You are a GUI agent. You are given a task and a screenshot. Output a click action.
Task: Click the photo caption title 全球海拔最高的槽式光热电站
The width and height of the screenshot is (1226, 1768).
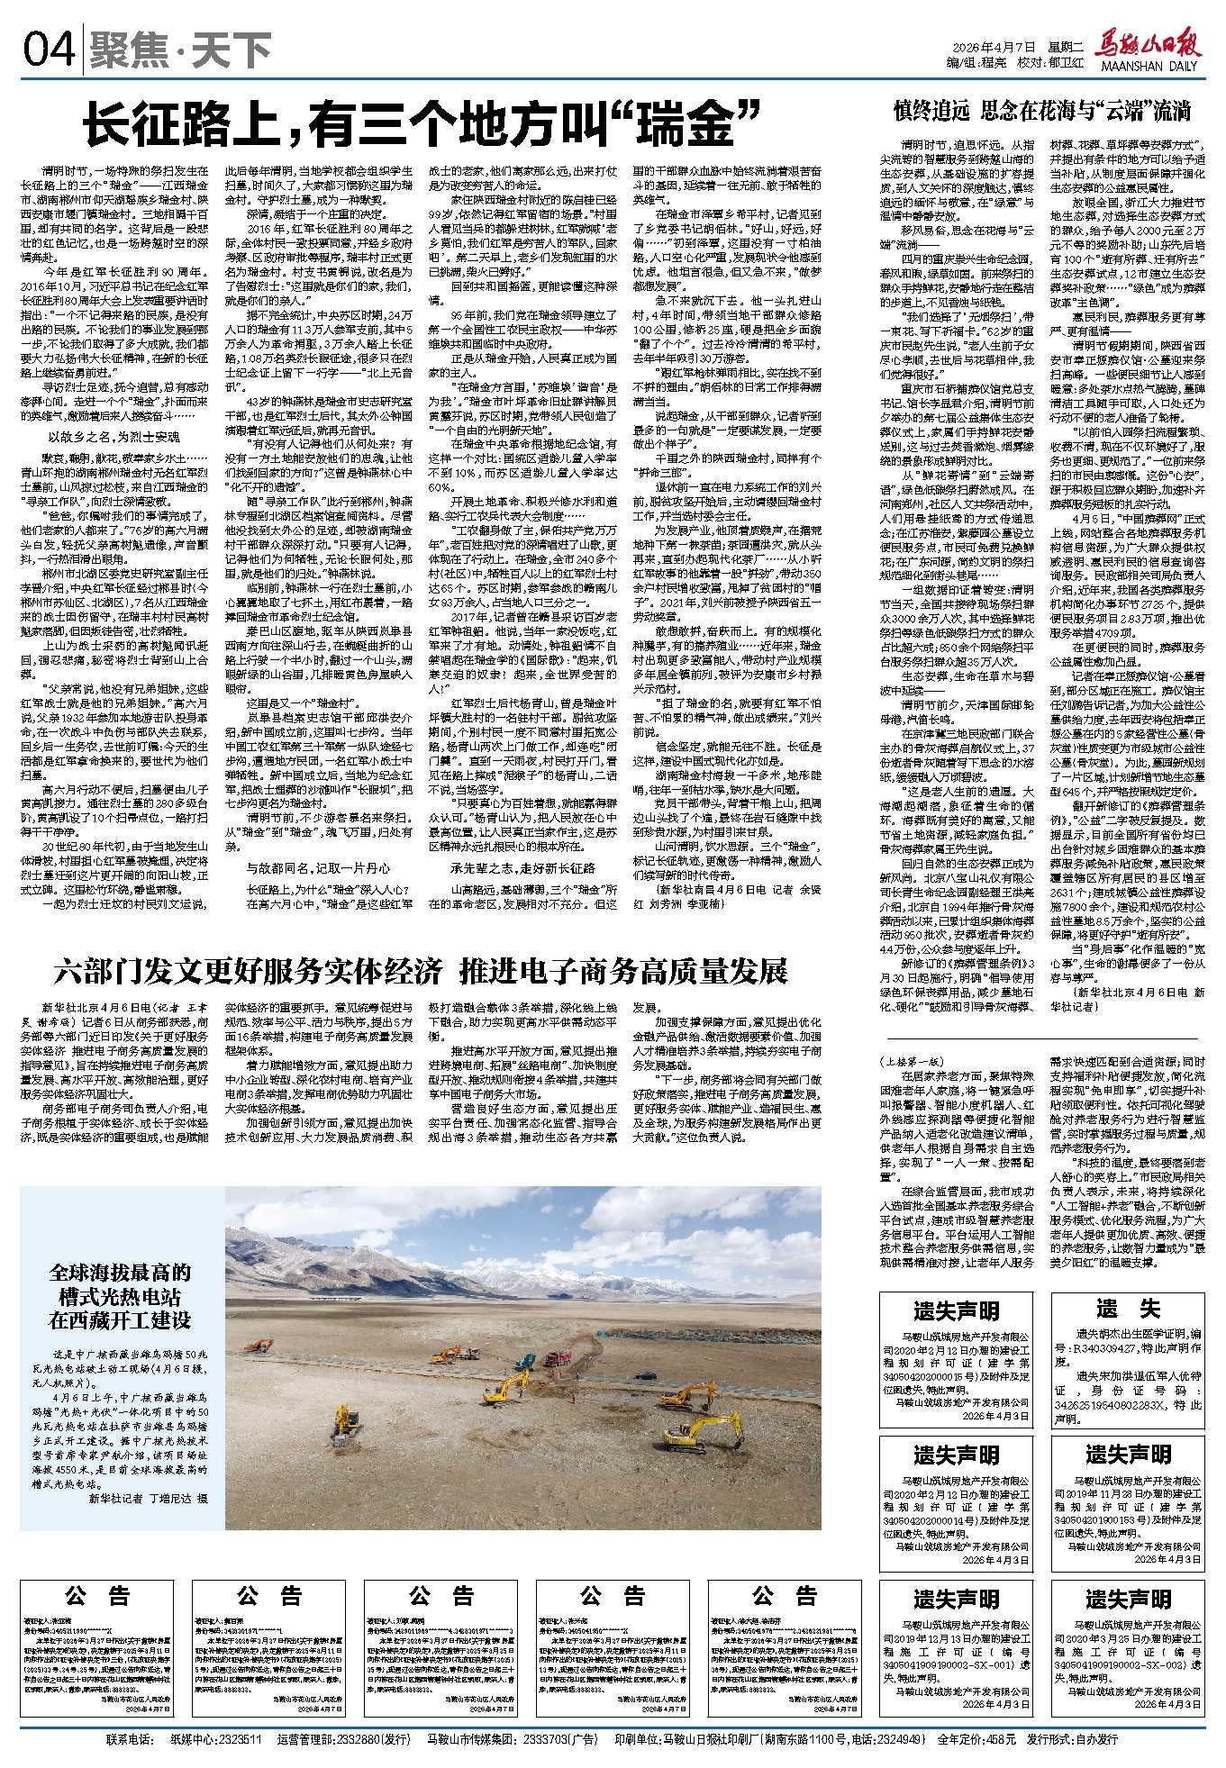[121, 1297]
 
